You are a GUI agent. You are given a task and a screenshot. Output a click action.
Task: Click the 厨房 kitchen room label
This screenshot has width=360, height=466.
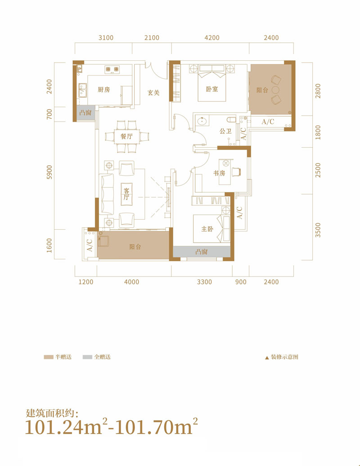(x=103, y=89)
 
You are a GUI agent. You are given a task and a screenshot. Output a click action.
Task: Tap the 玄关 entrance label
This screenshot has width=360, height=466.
(x=153, y=93)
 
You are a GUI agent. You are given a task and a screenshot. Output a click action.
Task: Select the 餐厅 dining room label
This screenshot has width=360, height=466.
(x=126, y=136)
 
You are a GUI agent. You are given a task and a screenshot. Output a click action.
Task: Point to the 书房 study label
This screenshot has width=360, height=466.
(x=219, y=173)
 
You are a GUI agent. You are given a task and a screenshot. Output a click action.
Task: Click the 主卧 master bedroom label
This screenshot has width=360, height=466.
(x=207, y=229)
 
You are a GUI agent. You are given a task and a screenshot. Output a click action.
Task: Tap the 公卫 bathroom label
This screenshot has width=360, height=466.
(x=226, y=131)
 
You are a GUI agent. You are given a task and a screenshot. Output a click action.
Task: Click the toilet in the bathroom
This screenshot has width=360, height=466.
(x=231, y=120)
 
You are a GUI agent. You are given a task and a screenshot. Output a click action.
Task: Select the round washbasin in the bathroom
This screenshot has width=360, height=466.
(x=202, y=121)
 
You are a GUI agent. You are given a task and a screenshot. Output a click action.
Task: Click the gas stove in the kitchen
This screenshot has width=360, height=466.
(x=112, y=69)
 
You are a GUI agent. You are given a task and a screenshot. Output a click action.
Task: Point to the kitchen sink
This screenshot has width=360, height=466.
(x=82, y=90)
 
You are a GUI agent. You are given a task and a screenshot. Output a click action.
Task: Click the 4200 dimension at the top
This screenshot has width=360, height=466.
(x=212, y=38)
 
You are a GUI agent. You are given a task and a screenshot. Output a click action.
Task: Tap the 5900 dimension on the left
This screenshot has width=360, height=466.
(x=49, y=172)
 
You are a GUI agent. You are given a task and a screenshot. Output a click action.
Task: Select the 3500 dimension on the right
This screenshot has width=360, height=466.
(x=318, y=230)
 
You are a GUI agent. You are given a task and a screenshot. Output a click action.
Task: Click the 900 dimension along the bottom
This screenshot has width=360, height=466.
(x=241, y=282)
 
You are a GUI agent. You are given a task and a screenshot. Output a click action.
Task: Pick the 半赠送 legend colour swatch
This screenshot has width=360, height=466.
(x=49, y=357)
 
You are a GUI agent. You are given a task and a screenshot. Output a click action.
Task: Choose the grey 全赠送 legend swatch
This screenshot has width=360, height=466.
(x=87, y=357)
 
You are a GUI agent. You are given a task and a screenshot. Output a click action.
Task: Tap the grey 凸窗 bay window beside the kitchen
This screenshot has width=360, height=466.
(x=86, y=113)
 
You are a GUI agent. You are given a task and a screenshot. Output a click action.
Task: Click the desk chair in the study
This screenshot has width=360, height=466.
(x=236, y=172)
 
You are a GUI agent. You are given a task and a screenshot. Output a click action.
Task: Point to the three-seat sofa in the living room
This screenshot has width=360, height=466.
(x=108, y=194)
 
